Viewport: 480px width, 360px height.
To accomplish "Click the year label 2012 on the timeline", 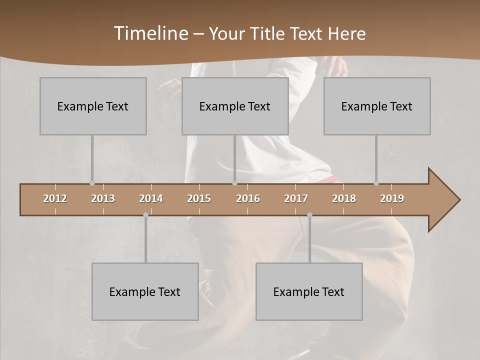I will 55,198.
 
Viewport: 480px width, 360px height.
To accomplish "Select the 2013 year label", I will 103,198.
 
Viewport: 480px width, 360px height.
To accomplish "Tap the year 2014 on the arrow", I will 151,198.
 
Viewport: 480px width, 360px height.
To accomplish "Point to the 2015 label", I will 199,198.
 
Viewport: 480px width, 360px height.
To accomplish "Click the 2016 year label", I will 248,198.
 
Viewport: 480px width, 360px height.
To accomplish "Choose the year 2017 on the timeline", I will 296,198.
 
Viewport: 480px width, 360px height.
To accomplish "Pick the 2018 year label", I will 344,198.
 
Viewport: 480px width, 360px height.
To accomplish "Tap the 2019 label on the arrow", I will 392,198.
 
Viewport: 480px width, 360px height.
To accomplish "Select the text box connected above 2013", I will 93,106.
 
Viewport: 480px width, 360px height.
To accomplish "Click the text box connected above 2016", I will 235,106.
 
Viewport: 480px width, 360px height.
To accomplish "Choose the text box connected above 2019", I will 377,106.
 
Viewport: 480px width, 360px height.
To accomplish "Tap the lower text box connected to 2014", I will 145,291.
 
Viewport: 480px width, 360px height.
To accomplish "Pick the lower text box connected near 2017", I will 309,291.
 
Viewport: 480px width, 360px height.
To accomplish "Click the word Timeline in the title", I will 150,33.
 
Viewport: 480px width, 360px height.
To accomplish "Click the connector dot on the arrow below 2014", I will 145,215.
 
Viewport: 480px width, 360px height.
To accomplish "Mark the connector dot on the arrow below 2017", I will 309,215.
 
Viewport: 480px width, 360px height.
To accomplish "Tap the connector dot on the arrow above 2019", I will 376,183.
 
